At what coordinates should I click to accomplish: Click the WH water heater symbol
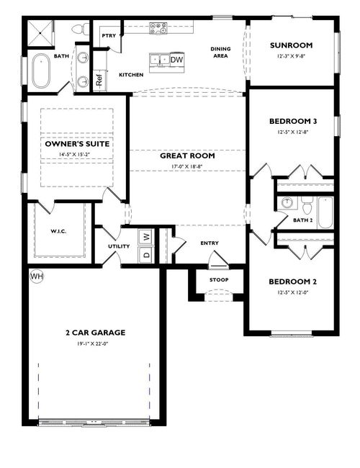37,276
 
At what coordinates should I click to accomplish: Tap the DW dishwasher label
176,59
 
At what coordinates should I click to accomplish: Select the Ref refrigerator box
99,81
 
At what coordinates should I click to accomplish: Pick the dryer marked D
145,255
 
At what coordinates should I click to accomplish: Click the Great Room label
187,156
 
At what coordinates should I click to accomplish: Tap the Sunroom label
291,45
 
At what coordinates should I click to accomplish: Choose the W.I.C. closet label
59,232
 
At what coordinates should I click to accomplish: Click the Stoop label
219,279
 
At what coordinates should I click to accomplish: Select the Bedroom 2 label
292,282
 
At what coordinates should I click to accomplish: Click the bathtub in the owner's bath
38,73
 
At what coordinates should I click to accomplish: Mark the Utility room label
119,246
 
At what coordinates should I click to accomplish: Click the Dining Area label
220,53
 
